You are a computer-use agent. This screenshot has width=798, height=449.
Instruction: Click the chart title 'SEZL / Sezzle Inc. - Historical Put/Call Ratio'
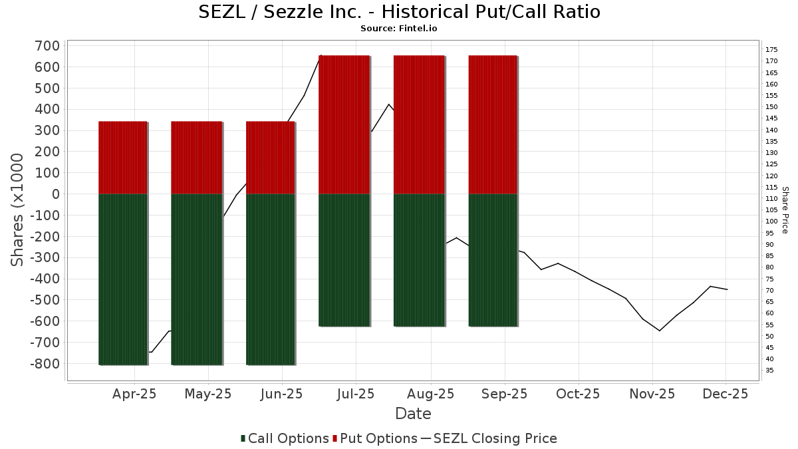tap(399, 12)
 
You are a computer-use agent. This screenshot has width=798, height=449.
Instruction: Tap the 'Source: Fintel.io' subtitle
tap(399, 29)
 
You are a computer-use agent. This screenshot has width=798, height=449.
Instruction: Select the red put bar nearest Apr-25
tap(123, 158)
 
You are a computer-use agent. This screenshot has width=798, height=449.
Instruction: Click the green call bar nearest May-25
tap(197, 279)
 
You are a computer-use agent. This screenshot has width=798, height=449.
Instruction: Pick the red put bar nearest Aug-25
tap(419, 125)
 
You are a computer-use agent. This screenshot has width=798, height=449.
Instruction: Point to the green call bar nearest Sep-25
tap(493, 259)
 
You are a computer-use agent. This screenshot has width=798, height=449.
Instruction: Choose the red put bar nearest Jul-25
tap(344, 125)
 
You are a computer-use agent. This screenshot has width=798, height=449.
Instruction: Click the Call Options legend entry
tap(285, 438)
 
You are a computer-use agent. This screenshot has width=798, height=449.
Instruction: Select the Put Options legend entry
tap(376, 438)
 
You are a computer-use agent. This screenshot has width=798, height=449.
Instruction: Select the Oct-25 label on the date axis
tap(578, 394)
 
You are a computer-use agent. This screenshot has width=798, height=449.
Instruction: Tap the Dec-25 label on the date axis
tap(726, 394)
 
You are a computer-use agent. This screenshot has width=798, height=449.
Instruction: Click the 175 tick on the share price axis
tap(771, 50)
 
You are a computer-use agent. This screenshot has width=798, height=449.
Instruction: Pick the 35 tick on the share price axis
tap(769, 371)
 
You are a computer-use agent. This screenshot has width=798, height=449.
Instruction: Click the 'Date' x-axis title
tap(413, 414)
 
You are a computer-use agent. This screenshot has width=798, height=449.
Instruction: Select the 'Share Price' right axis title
tap(785, 210)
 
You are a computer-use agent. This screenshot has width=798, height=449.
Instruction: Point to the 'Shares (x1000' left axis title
tap(18, 210)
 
